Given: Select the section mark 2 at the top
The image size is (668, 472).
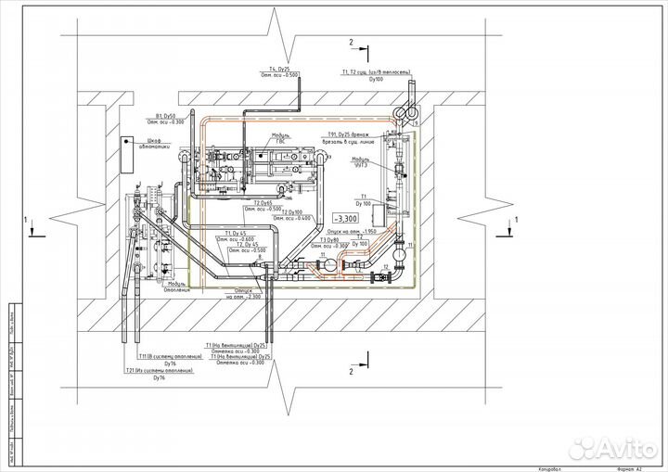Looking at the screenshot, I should pos(351,43).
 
